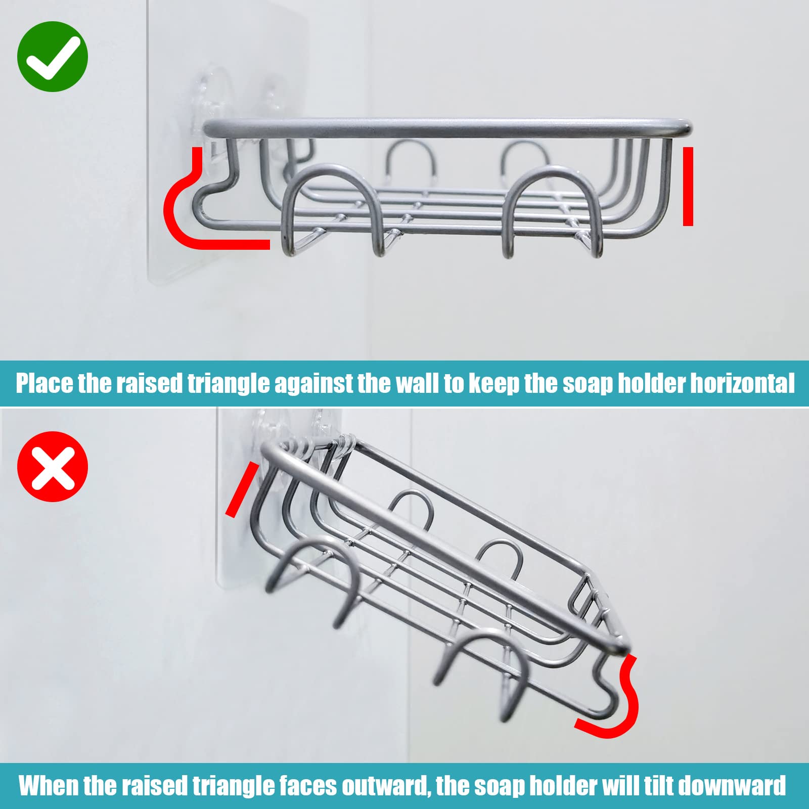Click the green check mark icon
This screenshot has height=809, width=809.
pyautogui.click(x=53, y=56)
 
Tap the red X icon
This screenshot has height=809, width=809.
pyautogui.click(x=53, y=466)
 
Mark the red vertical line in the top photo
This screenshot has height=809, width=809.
pyautogui.click(x=688, y=186)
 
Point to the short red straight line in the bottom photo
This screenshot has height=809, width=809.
pyautogui.click(x=239, y=489)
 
